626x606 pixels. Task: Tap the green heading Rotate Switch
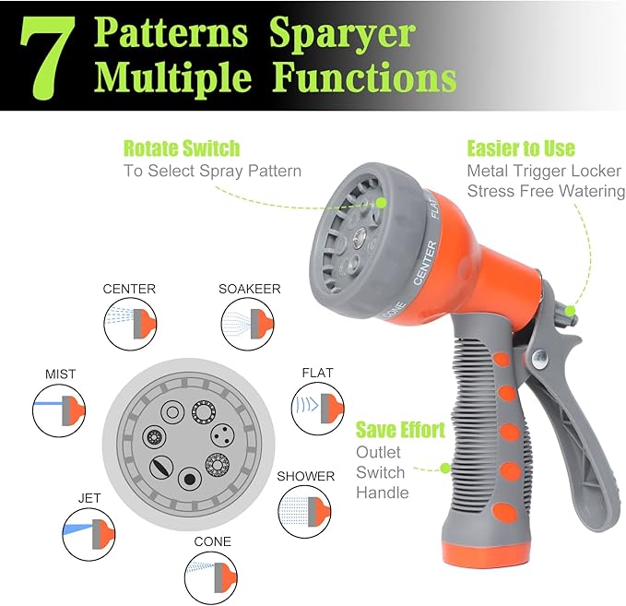[182, 149]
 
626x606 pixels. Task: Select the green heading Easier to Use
[520, 149]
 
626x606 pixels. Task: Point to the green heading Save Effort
[400, 430]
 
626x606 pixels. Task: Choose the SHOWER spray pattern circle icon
[305, 508]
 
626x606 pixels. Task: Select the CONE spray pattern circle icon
[212, 572]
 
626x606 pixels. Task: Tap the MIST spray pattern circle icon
[59, 407]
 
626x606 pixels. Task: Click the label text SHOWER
[305, 476]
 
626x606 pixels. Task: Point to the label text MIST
[60, 374]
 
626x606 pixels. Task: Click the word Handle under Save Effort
[383, 493]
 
